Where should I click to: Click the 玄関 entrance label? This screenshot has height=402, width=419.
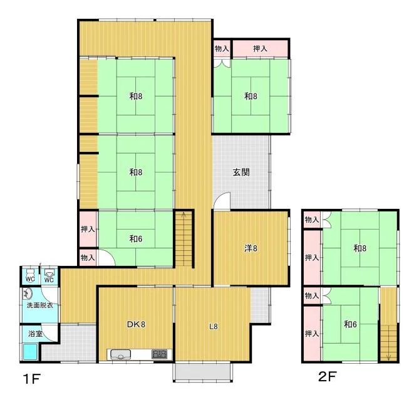tap(241, 172)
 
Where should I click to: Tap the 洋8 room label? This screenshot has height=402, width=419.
tap(251, 248)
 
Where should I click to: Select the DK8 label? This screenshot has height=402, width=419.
tap(136, 324)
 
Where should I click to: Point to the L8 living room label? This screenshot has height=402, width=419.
tap(213, 326)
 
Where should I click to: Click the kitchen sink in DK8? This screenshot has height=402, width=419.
tap(120, 354)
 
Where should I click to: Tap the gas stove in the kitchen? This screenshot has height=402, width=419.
tap(159, 354)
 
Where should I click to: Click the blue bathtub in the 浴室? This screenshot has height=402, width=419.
tap(29, 352)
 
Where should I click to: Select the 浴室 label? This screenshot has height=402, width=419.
tap(36, 334)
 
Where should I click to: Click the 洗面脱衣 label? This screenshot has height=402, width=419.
tap(39, 305)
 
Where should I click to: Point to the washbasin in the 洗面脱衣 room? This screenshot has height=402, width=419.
tap(27, 294)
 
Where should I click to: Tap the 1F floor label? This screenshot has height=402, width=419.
tap(32, 379)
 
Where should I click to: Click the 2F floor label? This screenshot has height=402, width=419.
tap(328, 376)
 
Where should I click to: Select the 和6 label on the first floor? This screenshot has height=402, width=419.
tap(136, 238)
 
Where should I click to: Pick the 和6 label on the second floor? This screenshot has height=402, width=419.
tap(350, 324)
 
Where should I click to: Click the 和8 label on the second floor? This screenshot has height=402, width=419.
tap(360, 248)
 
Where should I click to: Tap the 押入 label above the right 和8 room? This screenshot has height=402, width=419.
tap(260, 49)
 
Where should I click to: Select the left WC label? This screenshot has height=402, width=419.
tap(30, 279)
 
